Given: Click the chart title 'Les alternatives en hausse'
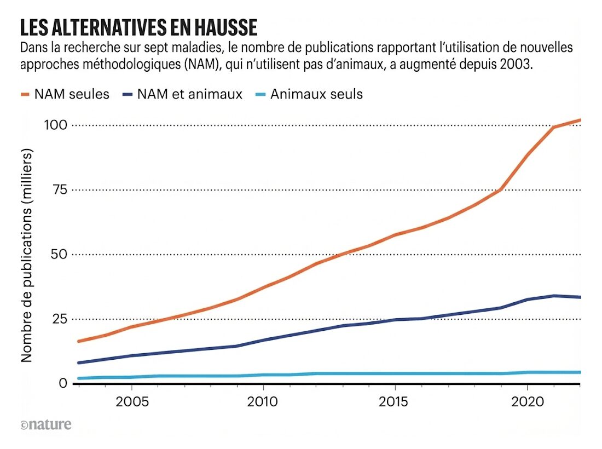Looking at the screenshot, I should [138, 27].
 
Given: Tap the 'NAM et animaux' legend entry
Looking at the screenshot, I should [182, 94].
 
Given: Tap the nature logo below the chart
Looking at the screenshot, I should [46, 424].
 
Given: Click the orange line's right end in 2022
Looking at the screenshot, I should [579, 120].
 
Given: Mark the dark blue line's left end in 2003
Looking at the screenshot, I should [79, 362].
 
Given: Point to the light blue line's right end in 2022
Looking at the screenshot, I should [579, 372].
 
